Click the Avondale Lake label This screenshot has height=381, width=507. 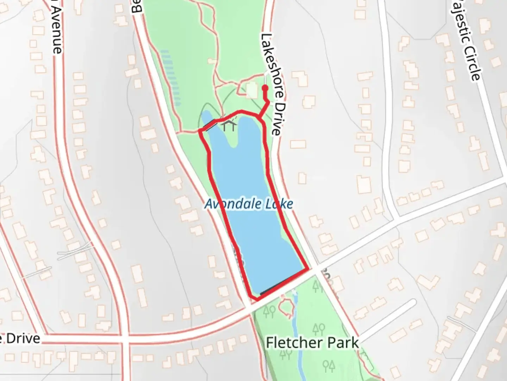pyautogui.click(x=249, y=204)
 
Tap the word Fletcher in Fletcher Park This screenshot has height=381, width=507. pyautogui.click(x=294, y=343)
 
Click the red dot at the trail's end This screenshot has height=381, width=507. pyautogui.click(x=265, y=87)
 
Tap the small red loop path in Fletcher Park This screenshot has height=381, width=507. pyautogui.click(x=286, y=306)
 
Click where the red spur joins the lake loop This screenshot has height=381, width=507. pyautogui.click(x=260, y=117)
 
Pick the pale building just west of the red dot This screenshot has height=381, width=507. pyautogui.click(x=252, y=90)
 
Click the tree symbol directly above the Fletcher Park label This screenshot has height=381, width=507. pyautogui.click(x=318, y=329)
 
